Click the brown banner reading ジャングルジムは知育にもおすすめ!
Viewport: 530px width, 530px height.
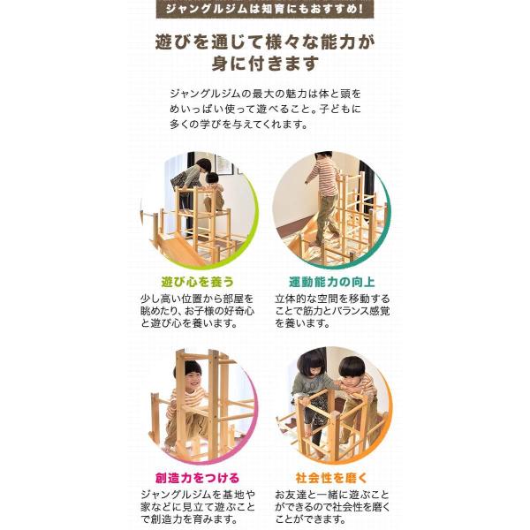265,9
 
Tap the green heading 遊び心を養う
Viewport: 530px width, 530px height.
197,282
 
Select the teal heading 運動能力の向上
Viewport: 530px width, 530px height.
332,282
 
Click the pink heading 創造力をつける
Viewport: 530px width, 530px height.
197,478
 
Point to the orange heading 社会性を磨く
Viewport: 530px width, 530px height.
331,478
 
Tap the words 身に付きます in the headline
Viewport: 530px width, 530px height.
265,64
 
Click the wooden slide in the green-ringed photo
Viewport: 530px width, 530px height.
179,248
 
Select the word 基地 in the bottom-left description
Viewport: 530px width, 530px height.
235,495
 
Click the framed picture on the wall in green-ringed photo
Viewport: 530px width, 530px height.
223,166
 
